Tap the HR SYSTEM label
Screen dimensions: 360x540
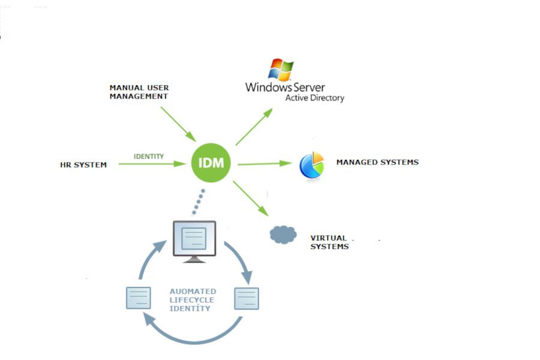(x=83, y=164)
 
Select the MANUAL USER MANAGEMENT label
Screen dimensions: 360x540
(x=139, y=92)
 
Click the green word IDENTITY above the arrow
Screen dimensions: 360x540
(x=149, y=156)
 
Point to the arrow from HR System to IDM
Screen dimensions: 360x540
(x=150, y=163)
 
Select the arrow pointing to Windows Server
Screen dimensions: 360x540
(x=254, y=127)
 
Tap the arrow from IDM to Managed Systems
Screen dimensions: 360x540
(x=265, y=163)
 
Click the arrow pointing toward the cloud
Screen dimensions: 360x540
(x=251, y=198)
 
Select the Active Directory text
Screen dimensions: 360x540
(x=314, y=98)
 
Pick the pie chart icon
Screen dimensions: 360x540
(x=312, y=165)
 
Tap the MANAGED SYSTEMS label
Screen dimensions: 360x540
(x=377, y=162)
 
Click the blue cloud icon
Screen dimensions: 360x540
(x=283, y=234)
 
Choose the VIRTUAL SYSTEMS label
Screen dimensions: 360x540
(x=329, y=242)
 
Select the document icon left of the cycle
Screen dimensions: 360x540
(x=138, y=298)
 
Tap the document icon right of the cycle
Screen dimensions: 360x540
(x=246, y=298)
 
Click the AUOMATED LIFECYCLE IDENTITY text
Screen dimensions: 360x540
(x=192, y=299)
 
